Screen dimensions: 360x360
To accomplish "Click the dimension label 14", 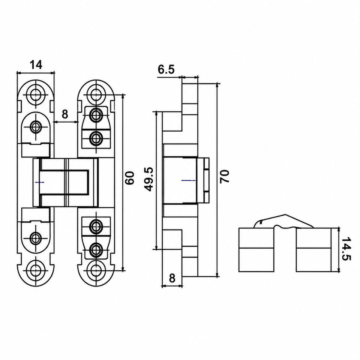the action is click(x=36, y=65).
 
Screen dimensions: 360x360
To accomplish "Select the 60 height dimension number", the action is click(x=130, y=178).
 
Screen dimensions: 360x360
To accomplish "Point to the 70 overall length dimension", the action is click(x=225, y=177).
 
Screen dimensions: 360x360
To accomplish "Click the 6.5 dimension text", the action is click(x=166, y=69).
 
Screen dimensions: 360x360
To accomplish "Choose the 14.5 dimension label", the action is click(x=346, y=249).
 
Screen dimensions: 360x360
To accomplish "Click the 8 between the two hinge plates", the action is click(x=65, y=114).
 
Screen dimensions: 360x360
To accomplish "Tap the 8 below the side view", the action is click(x=172, y=278).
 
